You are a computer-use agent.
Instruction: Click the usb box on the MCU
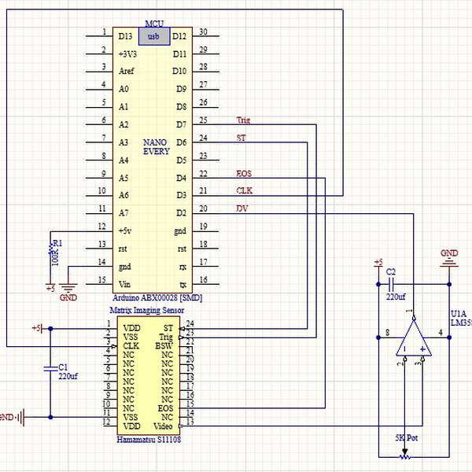[153, 36]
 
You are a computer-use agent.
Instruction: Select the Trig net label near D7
[243, 120]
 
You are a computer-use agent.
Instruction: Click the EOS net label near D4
[244, 173]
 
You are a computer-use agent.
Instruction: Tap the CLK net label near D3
[244, 191]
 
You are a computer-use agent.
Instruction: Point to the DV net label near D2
[242, 208]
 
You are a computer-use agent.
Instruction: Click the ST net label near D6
[241, 138]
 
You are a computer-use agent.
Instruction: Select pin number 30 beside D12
[203, 32]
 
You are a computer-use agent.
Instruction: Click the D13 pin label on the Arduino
[126, 36]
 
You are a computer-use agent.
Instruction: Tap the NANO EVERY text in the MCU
[156, 147]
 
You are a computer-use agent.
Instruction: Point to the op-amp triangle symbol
[414, 339]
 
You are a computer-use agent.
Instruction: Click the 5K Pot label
[406, 437]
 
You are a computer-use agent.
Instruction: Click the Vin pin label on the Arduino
[124, 283]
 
